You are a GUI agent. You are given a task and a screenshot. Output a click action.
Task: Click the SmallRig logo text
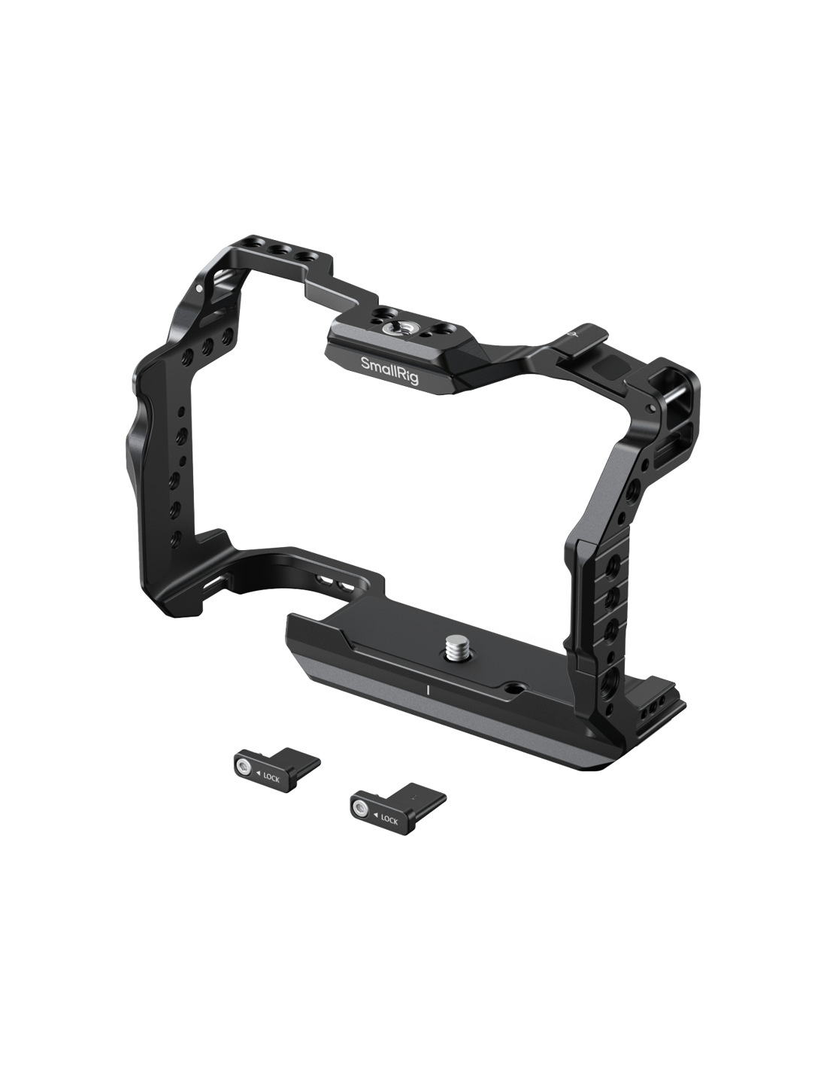tap(389, 369)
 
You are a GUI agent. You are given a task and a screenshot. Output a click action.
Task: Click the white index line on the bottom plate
tap(429, 690)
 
